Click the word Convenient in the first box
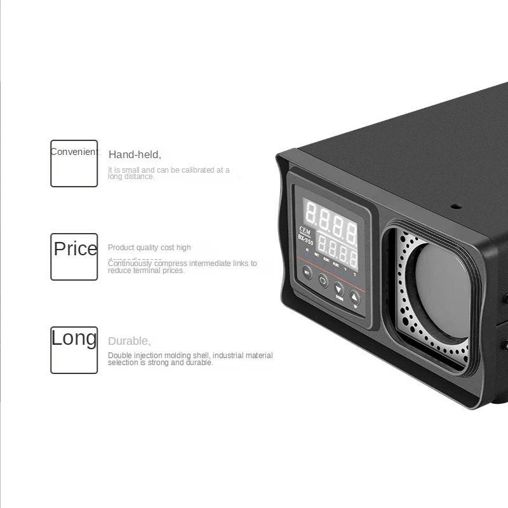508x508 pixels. pos(75,152)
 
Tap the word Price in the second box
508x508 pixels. pos(76,248)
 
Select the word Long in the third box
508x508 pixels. pos(74,338)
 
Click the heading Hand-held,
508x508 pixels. pos(135,154)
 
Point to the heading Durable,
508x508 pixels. pos(129,341)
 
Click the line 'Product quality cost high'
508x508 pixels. pos(149,248)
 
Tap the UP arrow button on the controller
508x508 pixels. pos(355,296)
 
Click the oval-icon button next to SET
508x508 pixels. pos(323,280)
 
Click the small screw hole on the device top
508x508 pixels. pos(455,206)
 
